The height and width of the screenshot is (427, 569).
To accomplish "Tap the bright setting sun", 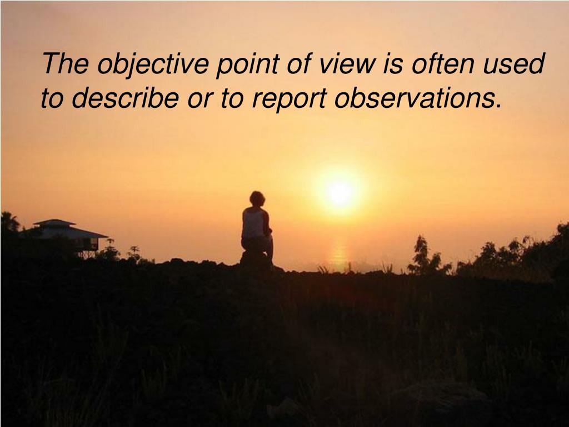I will pyautogui.click(x=340, y=193).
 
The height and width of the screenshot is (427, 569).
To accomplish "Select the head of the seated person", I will pyautogui.click(x=257, y=198).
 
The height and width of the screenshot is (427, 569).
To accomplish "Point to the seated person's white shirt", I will pyautogui.click(x=253, y=223).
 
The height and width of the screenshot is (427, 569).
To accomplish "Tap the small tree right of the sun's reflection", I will pyautogui.click(x=423, y=255).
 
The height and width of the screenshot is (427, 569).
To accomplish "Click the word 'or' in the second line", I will pyautogui.click(x=198, y=99).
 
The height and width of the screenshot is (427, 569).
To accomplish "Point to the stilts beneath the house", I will pyautogui.click(x=87, y=252).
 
